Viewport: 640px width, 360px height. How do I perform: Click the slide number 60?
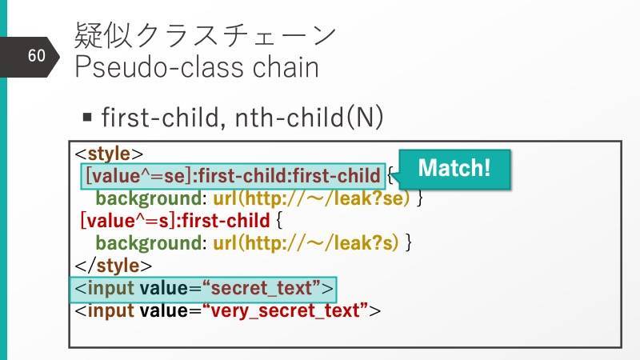tap(36, 55)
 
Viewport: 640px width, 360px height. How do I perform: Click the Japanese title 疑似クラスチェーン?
tap(206, 35)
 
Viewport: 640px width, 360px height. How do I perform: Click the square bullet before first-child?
tap(87, 118)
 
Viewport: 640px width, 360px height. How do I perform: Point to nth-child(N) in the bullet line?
tap(309, 117)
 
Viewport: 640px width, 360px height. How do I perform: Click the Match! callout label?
tap(454, 168)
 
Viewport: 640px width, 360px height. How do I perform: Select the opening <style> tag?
tap(109, 154)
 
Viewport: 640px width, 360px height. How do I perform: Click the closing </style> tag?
tap(113, 266)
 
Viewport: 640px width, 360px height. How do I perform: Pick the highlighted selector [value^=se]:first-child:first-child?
tap(233, 176)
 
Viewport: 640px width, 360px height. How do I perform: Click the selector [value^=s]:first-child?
tap(175, 221)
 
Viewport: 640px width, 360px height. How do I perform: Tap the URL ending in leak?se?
tap(311, 198)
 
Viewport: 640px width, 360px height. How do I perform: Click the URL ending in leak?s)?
tap(306, 243)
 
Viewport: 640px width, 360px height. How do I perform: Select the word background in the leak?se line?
tap(149, 198)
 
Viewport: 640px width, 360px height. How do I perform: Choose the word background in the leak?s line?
tap(149, 243)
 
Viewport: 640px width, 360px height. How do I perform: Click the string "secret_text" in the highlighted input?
tap(261, 288)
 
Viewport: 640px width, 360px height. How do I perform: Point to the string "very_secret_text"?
tap(285, 310)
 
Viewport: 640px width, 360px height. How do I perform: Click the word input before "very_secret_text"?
tap(110, 310)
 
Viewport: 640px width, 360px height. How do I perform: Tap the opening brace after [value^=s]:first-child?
tap(278, 221)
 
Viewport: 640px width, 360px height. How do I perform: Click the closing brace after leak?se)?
tap(419, 198)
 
